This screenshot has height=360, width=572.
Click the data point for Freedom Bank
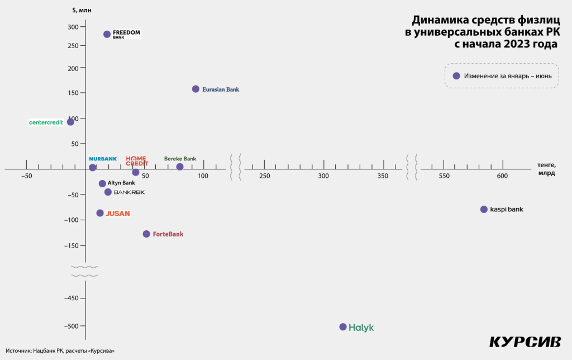pos(107,34)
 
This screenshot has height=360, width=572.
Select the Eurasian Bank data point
pos(196,89)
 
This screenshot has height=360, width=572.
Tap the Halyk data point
pos(343,327)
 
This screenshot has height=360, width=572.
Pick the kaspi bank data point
pos(484,209)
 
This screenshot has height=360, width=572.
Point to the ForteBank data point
pos(146,234)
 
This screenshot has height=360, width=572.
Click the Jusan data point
pos(100,213)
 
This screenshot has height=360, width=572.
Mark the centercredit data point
pos(70,122)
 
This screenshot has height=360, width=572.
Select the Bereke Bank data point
pos(180,167)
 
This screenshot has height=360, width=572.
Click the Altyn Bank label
pos(121,183)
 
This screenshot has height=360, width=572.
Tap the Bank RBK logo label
pos(129,192)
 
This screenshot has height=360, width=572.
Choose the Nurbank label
pos(103,159)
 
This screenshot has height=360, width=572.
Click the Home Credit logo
pos(136,161)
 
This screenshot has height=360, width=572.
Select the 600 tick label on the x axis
pos(503,177)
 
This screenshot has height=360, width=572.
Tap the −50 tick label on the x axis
pos(26,177)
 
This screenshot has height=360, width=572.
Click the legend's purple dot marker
pos(456,76)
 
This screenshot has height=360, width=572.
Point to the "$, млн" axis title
pos(83,10)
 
